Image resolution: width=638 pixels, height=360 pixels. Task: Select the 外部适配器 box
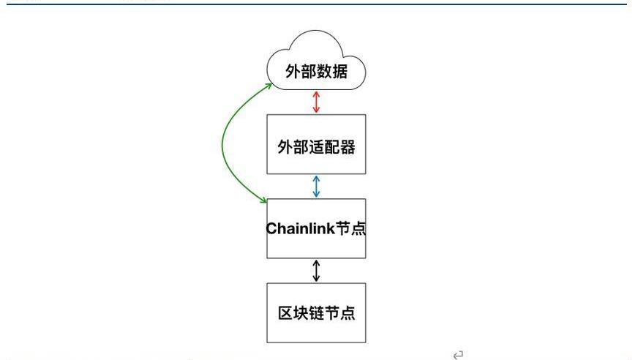pos(316,144)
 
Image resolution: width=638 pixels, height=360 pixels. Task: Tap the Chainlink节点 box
pos(316,228)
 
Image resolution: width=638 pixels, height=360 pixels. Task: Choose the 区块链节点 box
pos(316,312)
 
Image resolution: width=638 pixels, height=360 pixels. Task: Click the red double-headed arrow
pos(316,102)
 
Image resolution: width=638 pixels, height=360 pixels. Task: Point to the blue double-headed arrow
pos(316,186)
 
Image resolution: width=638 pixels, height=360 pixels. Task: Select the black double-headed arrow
pos(316,271)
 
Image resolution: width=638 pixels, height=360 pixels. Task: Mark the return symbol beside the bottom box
pos(458,355)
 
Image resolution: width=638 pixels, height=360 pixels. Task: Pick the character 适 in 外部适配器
pos(316,147)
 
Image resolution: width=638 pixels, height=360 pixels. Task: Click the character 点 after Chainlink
pos(358,228)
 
